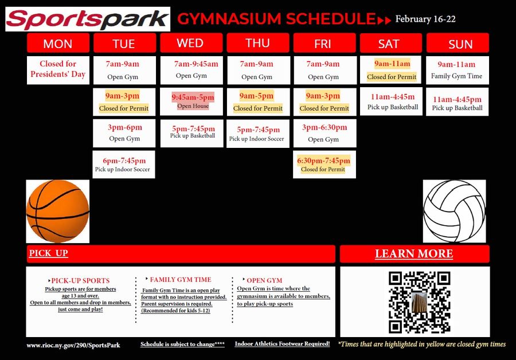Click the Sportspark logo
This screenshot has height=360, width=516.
click(x=88, y=19)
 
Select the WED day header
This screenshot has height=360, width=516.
click(x=190, y=43)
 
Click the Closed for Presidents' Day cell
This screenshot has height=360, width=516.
click(x=58, y=69)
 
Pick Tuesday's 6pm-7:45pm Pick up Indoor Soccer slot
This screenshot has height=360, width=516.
click(x=124, y=165)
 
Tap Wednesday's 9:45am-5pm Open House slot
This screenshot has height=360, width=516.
click(x=193, y=101)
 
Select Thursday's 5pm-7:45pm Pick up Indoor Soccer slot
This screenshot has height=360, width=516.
click(x=257, y=134)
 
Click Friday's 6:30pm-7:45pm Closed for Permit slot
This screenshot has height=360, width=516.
click(x=323, y=165)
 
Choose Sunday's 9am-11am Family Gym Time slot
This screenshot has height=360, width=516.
click(x=457, y=70)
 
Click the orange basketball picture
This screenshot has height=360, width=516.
click(x=58, y=210)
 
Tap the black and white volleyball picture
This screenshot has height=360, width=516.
click(x=455, y=210)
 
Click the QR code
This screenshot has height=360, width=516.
click(x=414, y=302)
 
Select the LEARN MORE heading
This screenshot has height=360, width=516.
click(x=414, y=254)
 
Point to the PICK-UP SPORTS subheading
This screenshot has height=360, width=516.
click(x=80, y=281)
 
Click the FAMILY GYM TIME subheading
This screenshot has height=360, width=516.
click(x=180, y=280)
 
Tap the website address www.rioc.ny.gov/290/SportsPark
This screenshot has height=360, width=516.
click(x=73, y=345)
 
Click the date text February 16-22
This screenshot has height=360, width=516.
click(x=425, y=19)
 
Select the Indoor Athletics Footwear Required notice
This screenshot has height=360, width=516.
click(x=282, y=344)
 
